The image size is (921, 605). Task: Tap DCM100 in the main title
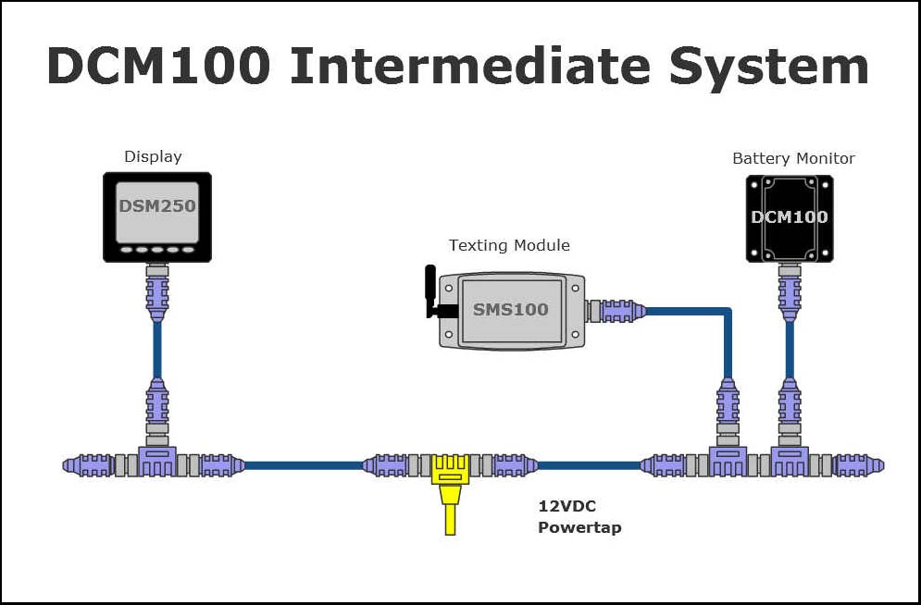(x=158, y=67)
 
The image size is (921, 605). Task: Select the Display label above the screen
(x=153, y=156)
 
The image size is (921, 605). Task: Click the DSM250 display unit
(x=156, y=215)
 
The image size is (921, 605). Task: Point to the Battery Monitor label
(x=793, y=158)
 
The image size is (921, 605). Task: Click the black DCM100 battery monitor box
(x=789, y=218)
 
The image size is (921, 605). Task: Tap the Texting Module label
(x=509, y=245)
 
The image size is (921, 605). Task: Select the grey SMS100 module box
(x=511, y=310)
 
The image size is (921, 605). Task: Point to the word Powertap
(x=579, y=527)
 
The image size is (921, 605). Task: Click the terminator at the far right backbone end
(x=859, y=465)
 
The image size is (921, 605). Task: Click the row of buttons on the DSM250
(x=156, y=250)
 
